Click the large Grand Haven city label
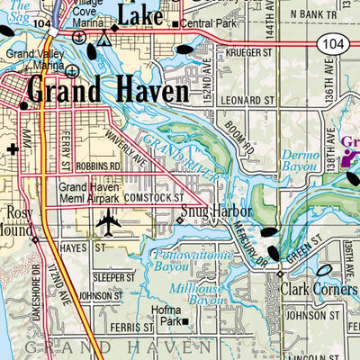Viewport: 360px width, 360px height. [x=108, y=92]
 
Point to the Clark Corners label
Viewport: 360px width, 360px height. [x=319, y=290]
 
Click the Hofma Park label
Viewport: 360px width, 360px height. [x=171, y=314]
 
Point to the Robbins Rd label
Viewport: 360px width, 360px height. [x=98, y=166]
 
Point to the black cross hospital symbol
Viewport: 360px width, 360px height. [x=12, y=148]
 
